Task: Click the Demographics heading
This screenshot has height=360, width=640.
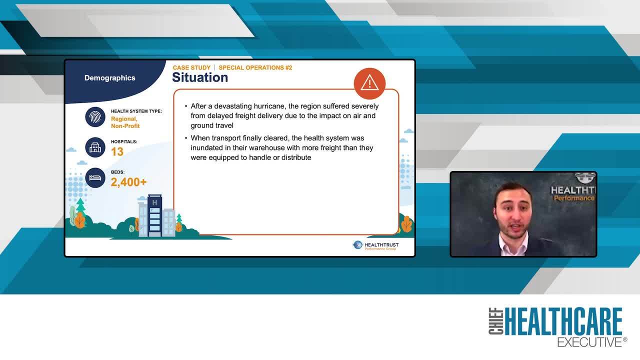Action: [x=109, y=78]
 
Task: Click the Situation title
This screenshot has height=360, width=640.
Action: [x=200, y=77]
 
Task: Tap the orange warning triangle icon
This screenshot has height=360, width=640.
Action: [x=369, y=82]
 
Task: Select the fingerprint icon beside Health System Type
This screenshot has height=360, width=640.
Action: [x=95, y=117]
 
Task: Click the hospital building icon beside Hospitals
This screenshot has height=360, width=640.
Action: [x=95, y=147]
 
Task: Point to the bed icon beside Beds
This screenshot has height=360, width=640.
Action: [x=95, y=178]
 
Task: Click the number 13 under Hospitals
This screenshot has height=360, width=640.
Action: [x=117, y=152]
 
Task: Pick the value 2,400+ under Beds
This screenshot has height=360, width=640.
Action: [x=128, y=182]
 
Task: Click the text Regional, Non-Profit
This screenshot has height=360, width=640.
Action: [x=125, y=122]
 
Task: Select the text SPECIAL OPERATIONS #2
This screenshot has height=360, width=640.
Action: [x=255, y=67]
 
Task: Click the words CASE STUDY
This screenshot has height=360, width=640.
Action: [x=191, y=67]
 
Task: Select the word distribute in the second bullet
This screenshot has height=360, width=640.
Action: [x=295, y=157]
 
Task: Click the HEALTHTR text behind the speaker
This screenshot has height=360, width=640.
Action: [x=573, y=190]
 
